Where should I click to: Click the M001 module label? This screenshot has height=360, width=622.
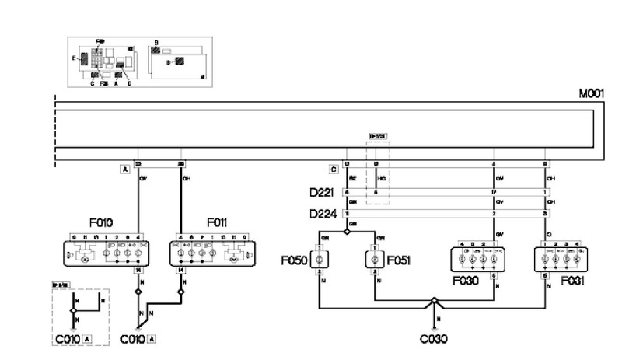[591, 93]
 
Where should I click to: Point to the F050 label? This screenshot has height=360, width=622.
[295, 259]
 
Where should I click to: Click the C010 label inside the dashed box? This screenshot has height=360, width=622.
[67, 339]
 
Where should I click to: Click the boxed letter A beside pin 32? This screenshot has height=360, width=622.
[124, 168]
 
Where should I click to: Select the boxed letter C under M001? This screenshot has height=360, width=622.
[334, 168]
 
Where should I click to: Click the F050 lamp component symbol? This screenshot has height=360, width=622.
[319, 260]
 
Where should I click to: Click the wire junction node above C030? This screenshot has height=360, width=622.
[434, 300]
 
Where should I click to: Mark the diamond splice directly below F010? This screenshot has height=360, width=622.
[138, 292]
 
